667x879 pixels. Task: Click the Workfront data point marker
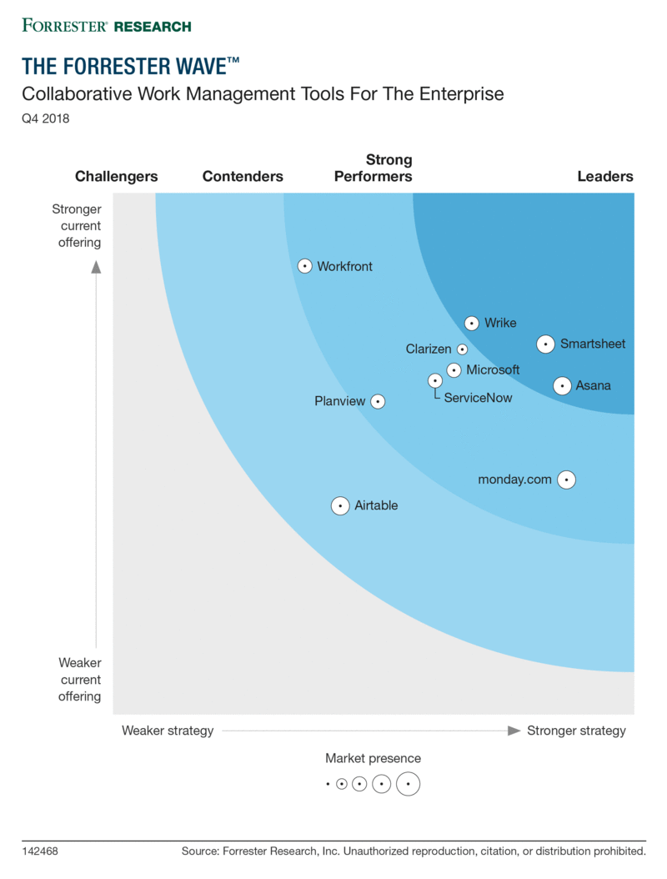click(x=304, y=266)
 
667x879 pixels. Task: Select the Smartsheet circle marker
click(x=545, y=344)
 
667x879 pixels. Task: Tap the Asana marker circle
click(x=562, y=385)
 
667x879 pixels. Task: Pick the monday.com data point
click(x=567, y=480)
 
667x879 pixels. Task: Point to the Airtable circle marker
click(x=340, y=505)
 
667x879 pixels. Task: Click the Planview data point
click(x=378, y=401)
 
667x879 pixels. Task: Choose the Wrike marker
click(x=472, y=323)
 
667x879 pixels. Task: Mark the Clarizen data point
click(x=463, y=349)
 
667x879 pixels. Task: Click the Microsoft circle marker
click(x=454, y=370)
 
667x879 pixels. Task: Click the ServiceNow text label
click(x=478, y=398)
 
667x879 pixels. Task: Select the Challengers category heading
click(x=117, y=176)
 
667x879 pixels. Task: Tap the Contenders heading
click(x=243, y=176)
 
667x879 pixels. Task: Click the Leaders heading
click(x=605, y=176)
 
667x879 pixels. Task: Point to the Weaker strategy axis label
click(x=168, y=731)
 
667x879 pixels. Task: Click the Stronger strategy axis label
click(x=576, y=731)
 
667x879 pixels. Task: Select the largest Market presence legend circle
click(x=408, y=784)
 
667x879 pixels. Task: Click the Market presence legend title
click(x=374, y=758)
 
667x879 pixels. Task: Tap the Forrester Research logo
click(x=107, y=26)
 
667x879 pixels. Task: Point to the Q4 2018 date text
click(x=45, y=118)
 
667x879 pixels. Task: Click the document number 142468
click(x=40, y=851)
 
